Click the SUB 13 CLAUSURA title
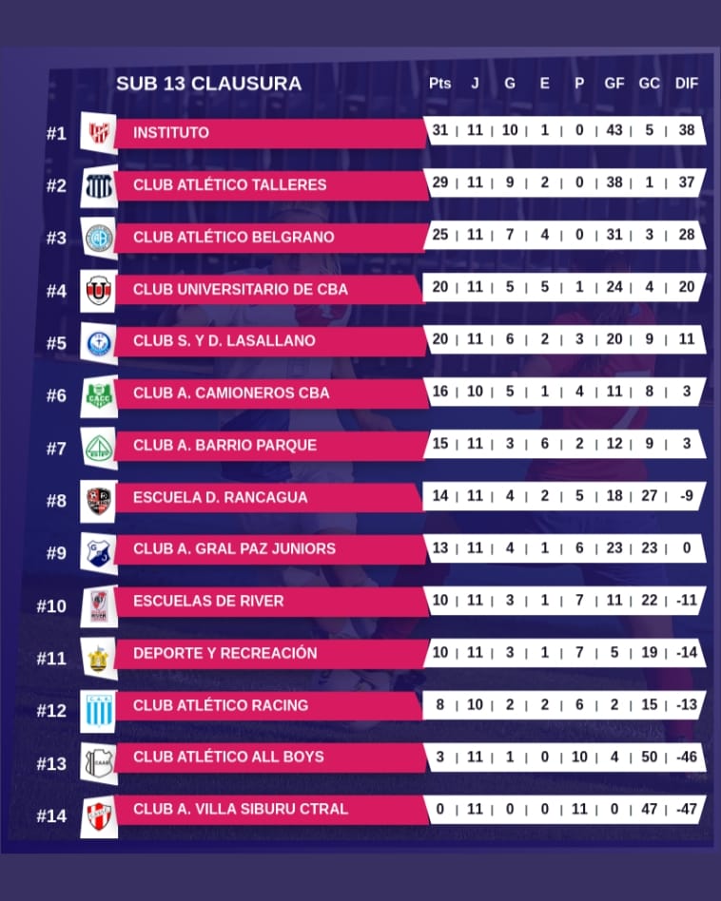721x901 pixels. [x=208, y=84]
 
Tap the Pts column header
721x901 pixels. [x=439, y=84]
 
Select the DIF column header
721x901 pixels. [x=686, y=84]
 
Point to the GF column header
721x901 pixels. [x=614, y=84]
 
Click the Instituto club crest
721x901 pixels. [x=98, y=133]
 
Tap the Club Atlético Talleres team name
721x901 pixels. [x=229, y=184]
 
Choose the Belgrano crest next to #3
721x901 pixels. [x=98, y=237]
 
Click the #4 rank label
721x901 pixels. [x=56, y=290]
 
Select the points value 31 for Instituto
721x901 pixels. [x=439, y=130]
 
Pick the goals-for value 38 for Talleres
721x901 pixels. [x=614, y=182]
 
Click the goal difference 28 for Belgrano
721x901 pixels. [x=686, y=235]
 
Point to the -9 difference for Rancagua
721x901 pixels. [x=686, y=495]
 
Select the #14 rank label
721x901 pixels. [x=51, y=815]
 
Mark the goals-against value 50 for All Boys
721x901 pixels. [x=650, y=757]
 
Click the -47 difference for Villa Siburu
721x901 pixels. [x=686, y=809]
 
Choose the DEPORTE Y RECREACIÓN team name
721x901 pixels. [x=224, y=653]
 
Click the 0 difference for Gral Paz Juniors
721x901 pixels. [x=686, y=547]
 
